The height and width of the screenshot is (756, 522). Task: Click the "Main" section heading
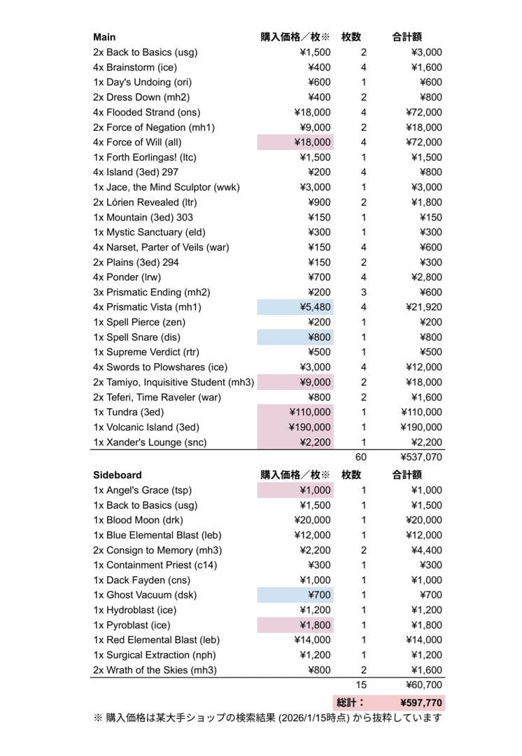(104, 37)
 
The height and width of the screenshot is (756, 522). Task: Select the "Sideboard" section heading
(117, 475)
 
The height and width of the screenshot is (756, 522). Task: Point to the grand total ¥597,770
(421, 702)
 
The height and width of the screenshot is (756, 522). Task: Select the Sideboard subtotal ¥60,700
(423, 685)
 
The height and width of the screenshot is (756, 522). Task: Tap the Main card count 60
(360, 457)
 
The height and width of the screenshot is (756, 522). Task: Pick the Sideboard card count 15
(361, 685)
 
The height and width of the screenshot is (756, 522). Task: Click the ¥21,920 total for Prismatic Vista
(423, 307)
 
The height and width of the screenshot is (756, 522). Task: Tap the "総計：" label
(351, 702)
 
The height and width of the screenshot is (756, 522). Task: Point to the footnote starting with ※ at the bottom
(267, 718)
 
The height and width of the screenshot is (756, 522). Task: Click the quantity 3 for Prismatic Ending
(363, 292)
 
